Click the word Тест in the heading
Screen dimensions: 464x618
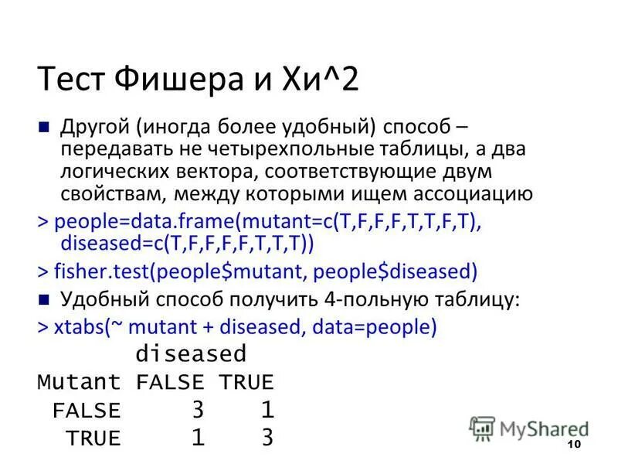point(74,79)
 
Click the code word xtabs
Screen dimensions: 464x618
point(83,326)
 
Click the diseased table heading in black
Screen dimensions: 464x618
point(191,354)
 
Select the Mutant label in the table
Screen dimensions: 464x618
point(79,382)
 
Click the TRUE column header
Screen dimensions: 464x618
point(246,382)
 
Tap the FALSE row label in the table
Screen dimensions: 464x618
point(87,411)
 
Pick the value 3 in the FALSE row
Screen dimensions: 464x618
point(198,410)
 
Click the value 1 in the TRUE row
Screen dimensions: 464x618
point(198,438)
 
